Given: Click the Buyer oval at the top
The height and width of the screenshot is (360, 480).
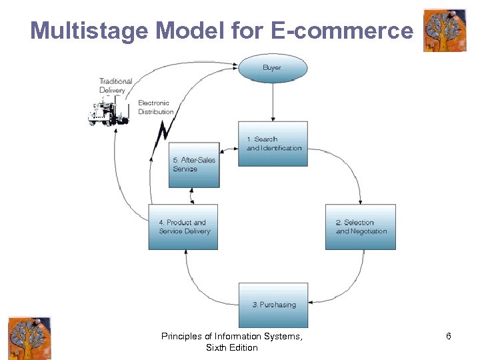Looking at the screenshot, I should coord(273,68).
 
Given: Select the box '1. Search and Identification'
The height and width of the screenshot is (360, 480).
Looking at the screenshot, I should coord(273,143).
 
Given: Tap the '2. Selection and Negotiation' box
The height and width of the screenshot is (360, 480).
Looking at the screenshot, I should coord(360,227).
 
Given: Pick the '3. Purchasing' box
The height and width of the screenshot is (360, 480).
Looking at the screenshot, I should coord(273,305).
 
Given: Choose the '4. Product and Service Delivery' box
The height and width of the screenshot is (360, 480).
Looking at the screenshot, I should coord(183,227).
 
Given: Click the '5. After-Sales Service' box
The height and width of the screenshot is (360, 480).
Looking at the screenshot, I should coord(193,165).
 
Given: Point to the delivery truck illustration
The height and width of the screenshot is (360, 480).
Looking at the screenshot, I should coord(108,111).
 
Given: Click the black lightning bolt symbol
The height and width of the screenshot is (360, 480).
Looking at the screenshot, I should coord(161,137).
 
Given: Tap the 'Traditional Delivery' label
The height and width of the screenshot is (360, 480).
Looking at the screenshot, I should coord(115,85).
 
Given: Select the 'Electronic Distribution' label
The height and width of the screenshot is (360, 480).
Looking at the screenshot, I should coord(155,107).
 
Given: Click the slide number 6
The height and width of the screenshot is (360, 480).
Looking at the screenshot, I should coord(449,336).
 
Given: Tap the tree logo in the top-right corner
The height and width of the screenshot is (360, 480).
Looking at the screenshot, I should coord(445,30).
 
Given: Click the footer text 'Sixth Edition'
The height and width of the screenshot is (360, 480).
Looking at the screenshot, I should coord(231,347).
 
